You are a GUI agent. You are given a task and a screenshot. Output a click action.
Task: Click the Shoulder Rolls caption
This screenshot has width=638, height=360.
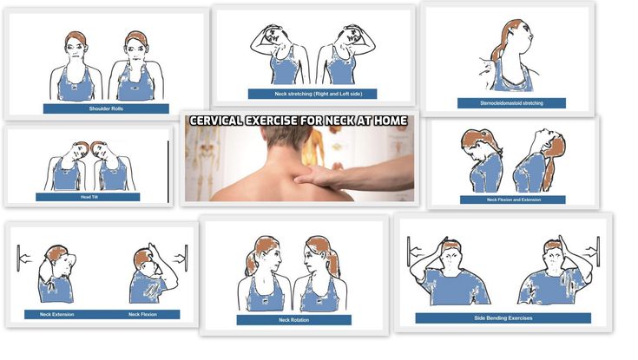pyautogui.click(x=106, y=108)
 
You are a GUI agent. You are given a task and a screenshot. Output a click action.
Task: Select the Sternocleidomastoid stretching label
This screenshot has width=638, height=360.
pyautogui.click(x=511, y=103)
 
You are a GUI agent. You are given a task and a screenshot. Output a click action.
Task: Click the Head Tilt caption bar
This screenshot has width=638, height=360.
pyautogui.click(x=88, y=197)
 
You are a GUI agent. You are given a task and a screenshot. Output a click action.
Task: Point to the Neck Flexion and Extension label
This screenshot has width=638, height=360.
pyautogui.click(x=514, y=200)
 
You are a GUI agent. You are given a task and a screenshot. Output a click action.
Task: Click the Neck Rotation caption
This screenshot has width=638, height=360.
pyautogui.click(x=293, y=320)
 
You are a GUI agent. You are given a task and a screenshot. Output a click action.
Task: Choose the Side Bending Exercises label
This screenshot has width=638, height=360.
pyautogui.click(x=503, y=318)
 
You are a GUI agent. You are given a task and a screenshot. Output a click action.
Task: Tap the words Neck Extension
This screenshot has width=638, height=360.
pyautogui.click(x=57, y=314)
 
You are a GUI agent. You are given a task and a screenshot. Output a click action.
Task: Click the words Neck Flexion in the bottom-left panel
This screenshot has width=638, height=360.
pyautogui.click(x=142, y=314)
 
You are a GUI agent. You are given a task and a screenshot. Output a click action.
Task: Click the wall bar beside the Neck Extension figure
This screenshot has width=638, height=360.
pyautogui.click(x=18, y=258)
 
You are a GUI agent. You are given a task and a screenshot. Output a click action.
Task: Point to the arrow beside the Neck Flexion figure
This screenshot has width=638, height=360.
pyautogui.click(x=178, y=258)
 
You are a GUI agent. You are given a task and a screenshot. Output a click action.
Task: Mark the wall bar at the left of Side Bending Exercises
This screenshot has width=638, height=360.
pyautogui.click(x=408, y=252)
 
